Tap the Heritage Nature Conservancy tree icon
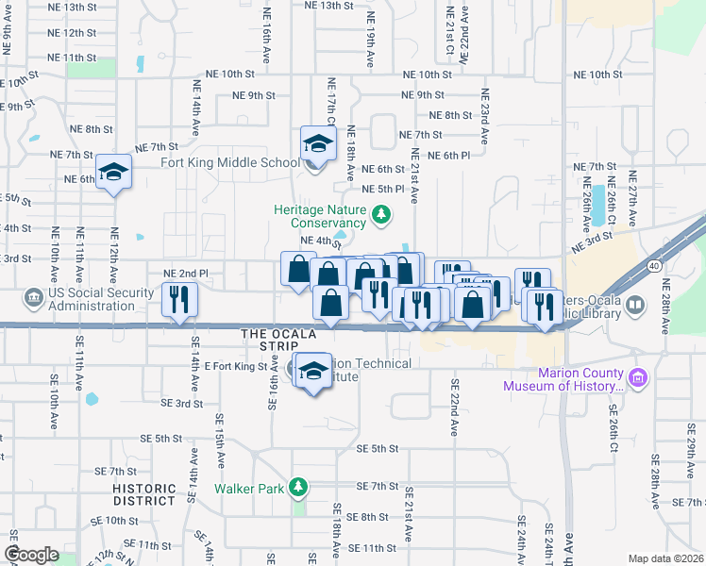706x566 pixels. point(381,216)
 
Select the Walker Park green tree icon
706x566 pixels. point(298,487)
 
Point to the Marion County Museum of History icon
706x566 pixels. point(638,378)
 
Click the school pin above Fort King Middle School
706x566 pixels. point(318,144)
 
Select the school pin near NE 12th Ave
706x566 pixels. point(113,172)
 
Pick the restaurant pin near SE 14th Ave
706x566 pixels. point(177,300)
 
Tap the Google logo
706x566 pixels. point(32,555)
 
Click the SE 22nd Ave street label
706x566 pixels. point(454,407)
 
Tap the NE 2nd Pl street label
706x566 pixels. point(185,274)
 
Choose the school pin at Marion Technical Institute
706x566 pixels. point(313,371)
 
